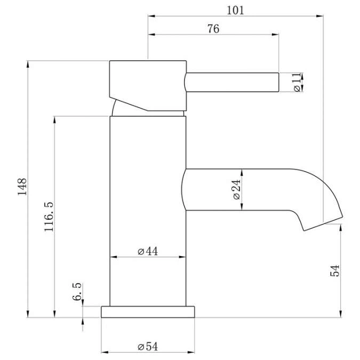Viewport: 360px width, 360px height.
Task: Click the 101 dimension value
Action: (x=235, y=10)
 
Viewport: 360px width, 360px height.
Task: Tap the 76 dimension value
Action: (x=213, y=29)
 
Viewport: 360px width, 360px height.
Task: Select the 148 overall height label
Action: (x=22, y=187)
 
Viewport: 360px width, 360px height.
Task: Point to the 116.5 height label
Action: (x=49, y=217)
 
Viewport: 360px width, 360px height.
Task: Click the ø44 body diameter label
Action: (x=148, y=251)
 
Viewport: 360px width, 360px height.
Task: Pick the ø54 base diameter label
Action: (x=148, y=347)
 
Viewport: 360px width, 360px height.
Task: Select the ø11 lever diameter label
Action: (x=297, y=82)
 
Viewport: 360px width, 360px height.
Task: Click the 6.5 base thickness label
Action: (x=77, y=292)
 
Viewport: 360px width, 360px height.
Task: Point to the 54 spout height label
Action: (x=335, y=271)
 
